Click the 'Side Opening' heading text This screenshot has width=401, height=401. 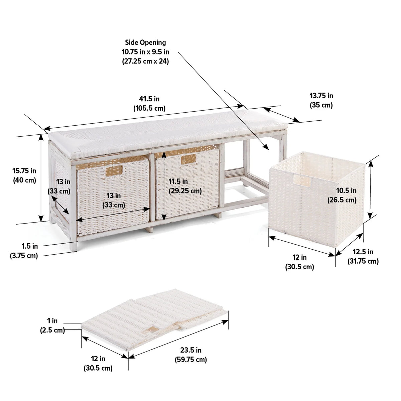click(145, 43)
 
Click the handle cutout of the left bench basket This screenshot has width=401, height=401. click(114, 171)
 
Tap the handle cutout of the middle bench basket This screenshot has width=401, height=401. click(188, 159)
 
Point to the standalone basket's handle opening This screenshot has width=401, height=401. click(302, 180)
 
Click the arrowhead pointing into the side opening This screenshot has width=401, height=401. click(266, 146)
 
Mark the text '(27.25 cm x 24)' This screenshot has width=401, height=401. click(145, 61)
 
